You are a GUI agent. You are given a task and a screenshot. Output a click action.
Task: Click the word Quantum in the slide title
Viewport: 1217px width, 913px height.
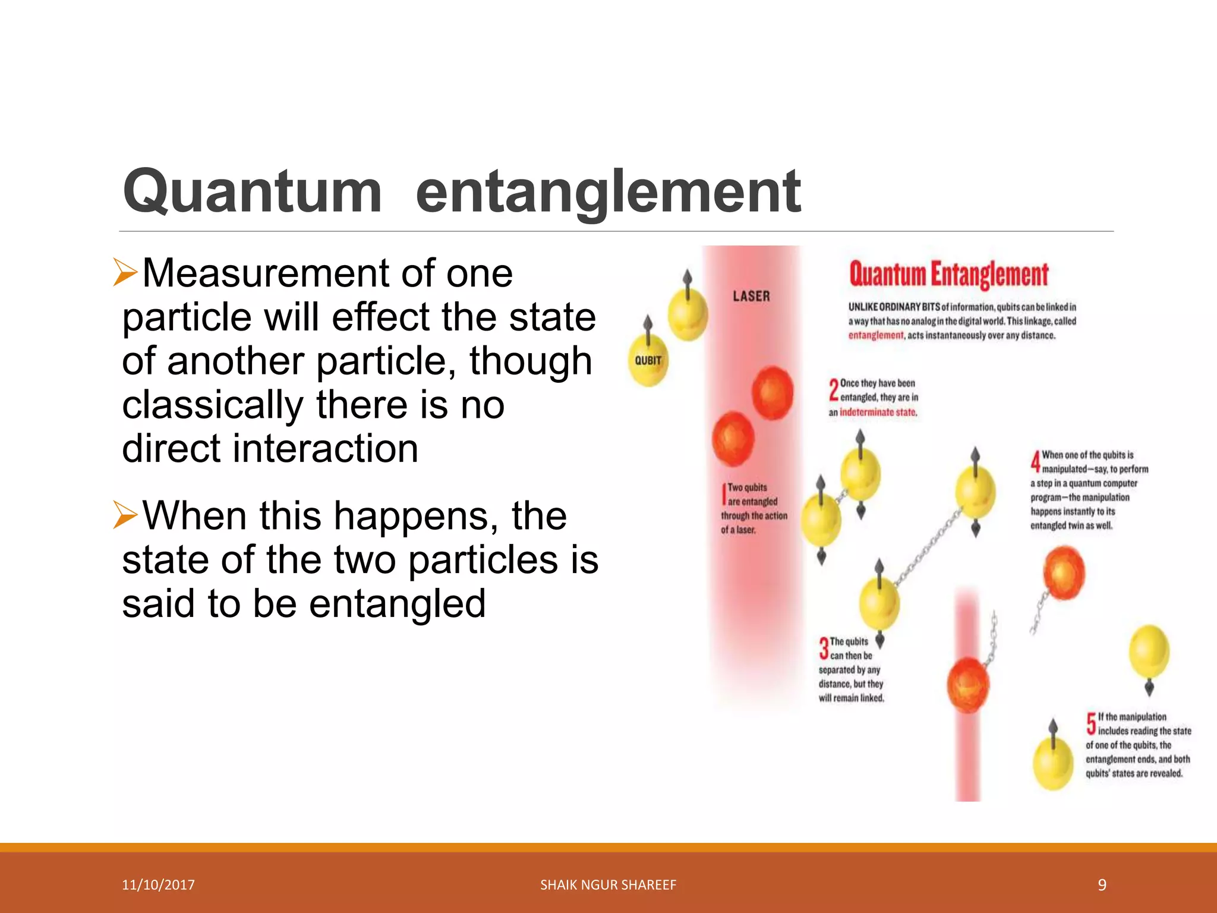click(252, 191)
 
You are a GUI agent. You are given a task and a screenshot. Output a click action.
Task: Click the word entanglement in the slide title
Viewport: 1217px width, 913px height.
click(608, 191)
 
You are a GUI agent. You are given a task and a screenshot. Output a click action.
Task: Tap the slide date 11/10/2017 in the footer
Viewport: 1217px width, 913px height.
click(158, 885)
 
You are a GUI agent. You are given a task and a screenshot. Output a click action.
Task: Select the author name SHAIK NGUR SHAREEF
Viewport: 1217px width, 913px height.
click(608, 885)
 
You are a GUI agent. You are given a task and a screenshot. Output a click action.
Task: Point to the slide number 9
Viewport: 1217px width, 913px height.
click(1102, 885)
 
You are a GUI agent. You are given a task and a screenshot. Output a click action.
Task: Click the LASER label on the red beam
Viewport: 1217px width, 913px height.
click(751, 296)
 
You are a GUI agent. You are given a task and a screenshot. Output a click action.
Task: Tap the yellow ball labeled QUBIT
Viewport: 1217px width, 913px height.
click(648, 361)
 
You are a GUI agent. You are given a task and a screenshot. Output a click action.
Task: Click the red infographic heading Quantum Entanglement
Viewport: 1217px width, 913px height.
click(948, 275)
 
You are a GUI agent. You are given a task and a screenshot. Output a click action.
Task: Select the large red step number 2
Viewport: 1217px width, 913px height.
click(834, 390)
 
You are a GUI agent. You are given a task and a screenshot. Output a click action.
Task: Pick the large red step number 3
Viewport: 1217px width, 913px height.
click(824, 648)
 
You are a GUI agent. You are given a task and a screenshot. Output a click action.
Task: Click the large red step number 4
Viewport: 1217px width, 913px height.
click(1035, 461)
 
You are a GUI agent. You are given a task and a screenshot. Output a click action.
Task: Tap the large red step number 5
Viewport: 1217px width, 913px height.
click(1091, 723)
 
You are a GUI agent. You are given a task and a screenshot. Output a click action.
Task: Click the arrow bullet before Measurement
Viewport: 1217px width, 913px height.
click(125, 273)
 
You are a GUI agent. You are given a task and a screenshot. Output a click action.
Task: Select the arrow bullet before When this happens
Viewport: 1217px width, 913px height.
click(125, 515)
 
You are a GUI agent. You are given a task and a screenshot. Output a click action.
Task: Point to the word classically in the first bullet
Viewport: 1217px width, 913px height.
click(213, 405)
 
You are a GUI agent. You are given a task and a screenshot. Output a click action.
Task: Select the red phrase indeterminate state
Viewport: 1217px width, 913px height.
click(878, 412)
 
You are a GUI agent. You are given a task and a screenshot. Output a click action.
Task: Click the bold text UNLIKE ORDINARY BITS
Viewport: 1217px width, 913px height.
click(894, 307)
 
